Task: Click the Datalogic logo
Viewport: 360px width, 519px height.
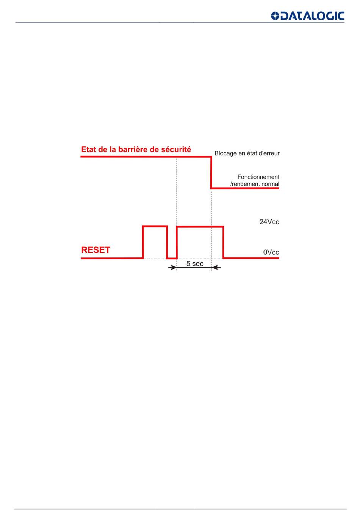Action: [307, 16]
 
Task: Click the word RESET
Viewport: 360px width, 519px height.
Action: [95, 250]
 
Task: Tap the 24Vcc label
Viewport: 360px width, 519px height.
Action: [269, 222]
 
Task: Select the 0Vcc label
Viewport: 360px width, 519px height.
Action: [271, 252]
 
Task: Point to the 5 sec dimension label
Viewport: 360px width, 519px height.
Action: [195, 264]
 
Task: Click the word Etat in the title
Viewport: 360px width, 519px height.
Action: [89, 149]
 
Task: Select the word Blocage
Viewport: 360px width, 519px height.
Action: [225, 154]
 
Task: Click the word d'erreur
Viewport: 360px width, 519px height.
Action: [269, 154]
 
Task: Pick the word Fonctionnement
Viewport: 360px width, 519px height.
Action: [258, 177]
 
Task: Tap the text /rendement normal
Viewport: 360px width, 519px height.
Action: [255, 184]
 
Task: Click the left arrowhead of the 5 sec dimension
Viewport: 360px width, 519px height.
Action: [174, 267]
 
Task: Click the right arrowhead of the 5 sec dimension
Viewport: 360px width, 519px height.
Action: [214, 267]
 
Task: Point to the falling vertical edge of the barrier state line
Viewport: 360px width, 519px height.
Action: [211, 172]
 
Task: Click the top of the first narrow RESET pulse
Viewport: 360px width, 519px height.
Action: [155, 226]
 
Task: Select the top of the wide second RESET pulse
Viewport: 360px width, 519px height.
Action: [200, 227]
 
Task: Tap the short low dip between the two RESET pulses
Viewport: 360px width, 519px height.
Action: [172, 258]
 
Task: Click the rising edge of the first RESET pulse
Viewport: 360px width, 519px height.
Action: [143, 242]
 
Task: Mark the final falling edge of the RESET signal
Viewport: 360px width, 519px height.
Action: [223, 242]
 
